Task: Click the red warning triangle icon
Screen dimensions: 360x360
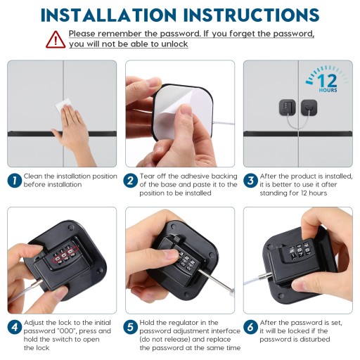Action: tap(56, 40)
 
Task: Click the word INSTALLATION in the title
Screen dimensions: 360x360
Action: tap(108, 15)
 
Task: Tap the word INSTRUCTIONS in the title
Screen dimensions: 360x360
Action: tap(251, 15)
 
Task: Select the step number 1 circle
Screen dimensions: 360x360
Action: tap(15, 181)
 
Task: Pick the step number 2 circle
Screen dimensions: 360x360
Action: tap(130, 181)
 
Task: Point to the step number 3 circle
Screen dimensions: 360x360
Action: tap(250, 181)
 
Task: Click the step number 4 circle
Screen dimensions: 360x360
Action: tap(15, 327)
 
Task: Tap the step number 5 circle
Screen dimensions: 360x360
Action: tap(130, 327)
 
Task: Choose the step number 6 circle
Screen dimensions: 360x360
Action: tap(250, 327)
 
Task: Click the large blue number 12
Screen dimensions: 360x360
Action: tap(328, 81)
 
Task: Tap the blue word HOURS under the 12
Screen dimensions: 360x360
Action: tap(328, 90)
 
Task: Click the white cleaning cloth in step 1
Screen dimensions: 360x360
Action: tap(63, 105)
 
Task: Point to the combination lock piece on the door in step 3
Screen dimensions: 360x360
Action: tap(288, 108)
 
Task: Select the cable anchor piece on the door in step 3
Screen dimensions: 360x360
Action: tap(309, 108)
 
